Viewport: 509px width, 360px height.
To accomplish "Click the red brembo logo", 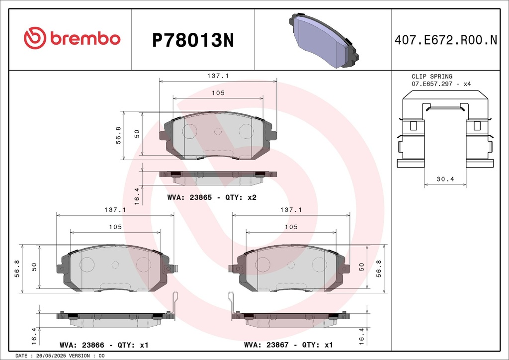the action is (72, 38).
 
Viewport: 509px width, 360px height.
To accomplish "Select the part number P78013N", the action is (193, 41).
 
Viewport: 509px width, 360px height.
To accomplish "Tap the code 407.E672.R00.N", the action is (446, 40).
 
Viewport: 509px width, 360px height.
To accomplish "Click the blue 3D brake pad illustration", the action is (324, 40).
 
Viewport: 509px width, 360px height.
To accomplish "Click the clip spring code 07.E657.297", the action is (432, 84).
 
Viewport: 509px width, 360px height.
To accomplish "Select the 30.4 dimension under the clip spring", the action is (445, 179).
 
